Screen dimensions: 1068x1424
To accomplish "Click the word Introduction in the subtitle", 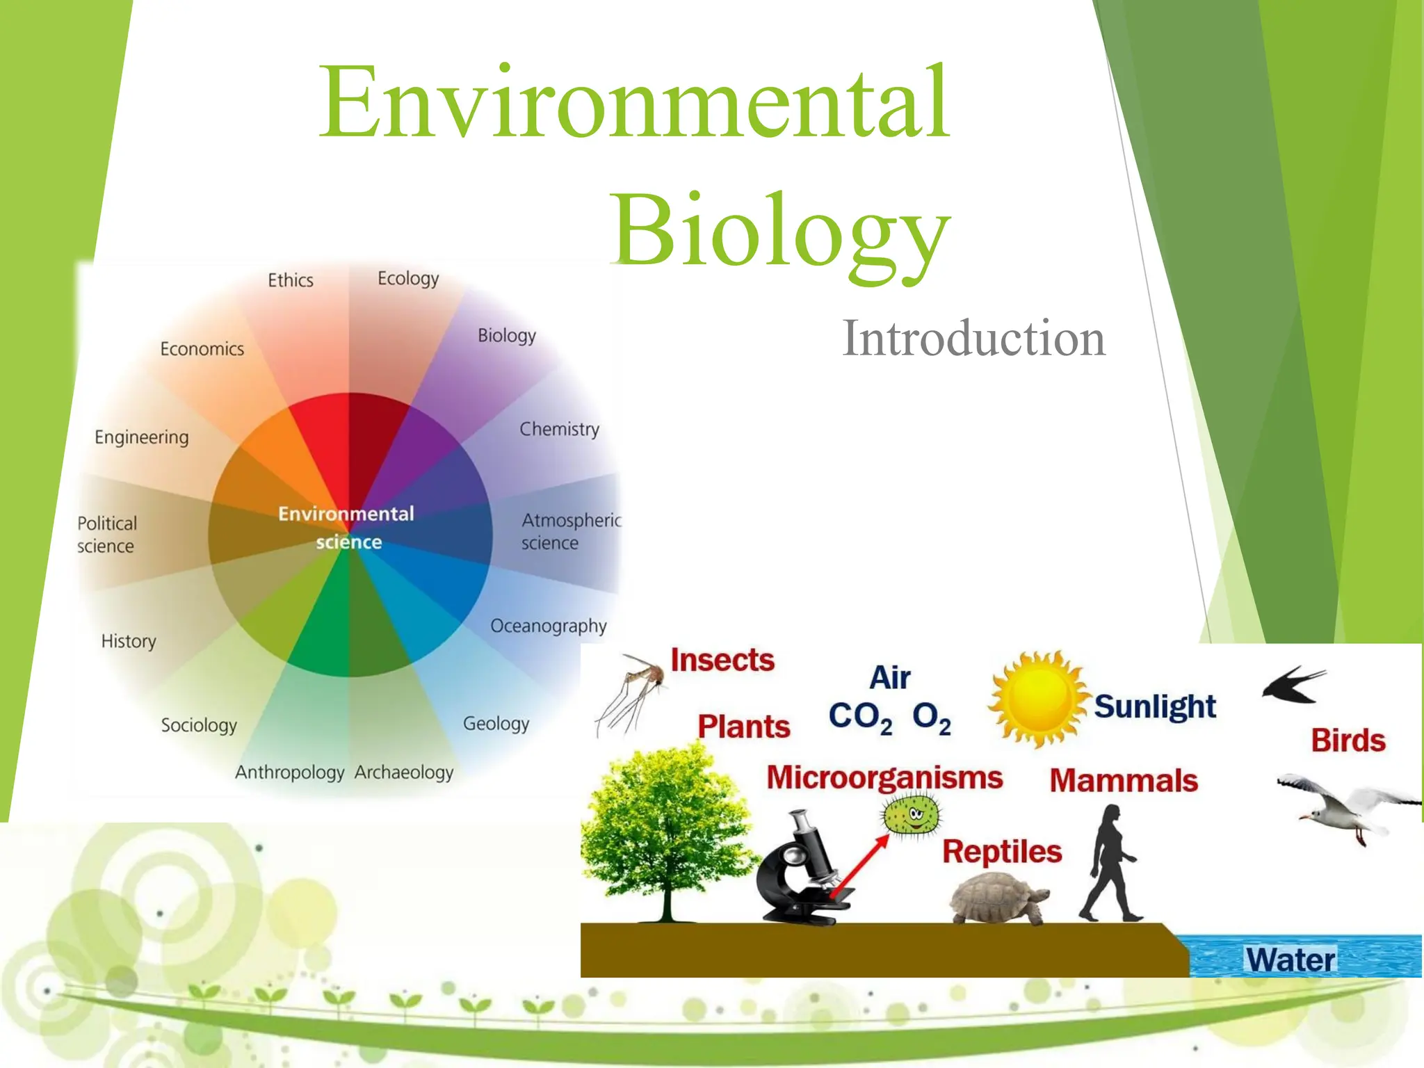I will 973,339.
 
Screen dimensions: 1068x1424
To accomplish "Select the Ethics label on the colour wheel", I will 291,280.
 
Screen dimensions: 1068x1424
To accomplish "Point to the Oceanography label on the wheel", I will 548,626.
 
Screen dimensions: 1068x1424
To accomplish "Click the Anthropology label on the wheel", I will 289,772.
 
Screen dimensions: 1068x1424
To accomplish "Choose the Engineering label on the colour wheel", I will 142,437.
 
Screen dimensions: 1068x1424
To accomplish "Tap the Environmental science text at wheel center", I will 347,528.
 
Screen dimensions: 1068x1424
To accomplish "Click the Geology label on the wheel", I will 496,724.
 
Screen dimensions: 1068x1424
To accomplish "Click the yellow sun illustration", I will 1039,698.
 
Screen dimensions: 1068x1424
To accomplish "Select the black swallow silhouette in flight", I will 1293,685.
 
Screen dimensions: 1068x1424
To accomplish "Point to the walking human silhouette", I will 1111,864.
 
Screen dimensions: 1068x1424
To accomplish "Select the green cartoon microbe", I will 911,815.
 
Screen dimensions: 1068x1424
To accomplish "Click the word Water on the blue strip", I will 1290,960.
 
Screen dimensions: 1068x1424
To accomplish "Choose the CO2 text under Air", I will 860,717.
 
